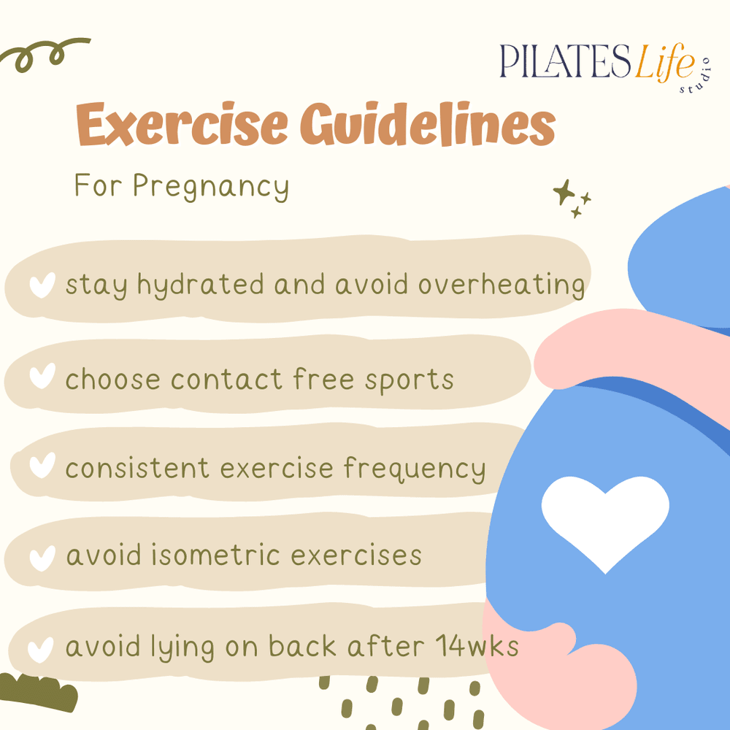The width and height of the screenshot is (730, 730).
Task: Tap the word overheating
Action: click(502, 285)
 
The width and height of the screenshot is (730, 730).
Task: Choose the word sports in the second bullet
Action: click(416, 380)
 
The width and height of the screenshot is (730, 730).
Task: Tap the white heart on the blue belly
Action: click(604, 520)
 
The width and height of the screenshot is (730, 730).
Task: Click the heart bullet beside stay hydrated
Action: click(42, 285)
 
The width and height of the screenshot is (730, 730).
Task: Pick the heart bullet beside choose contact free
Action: click(42, 377)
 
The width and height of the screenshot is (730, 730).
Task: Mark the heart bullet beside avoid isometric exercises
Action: click(42, 558)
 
